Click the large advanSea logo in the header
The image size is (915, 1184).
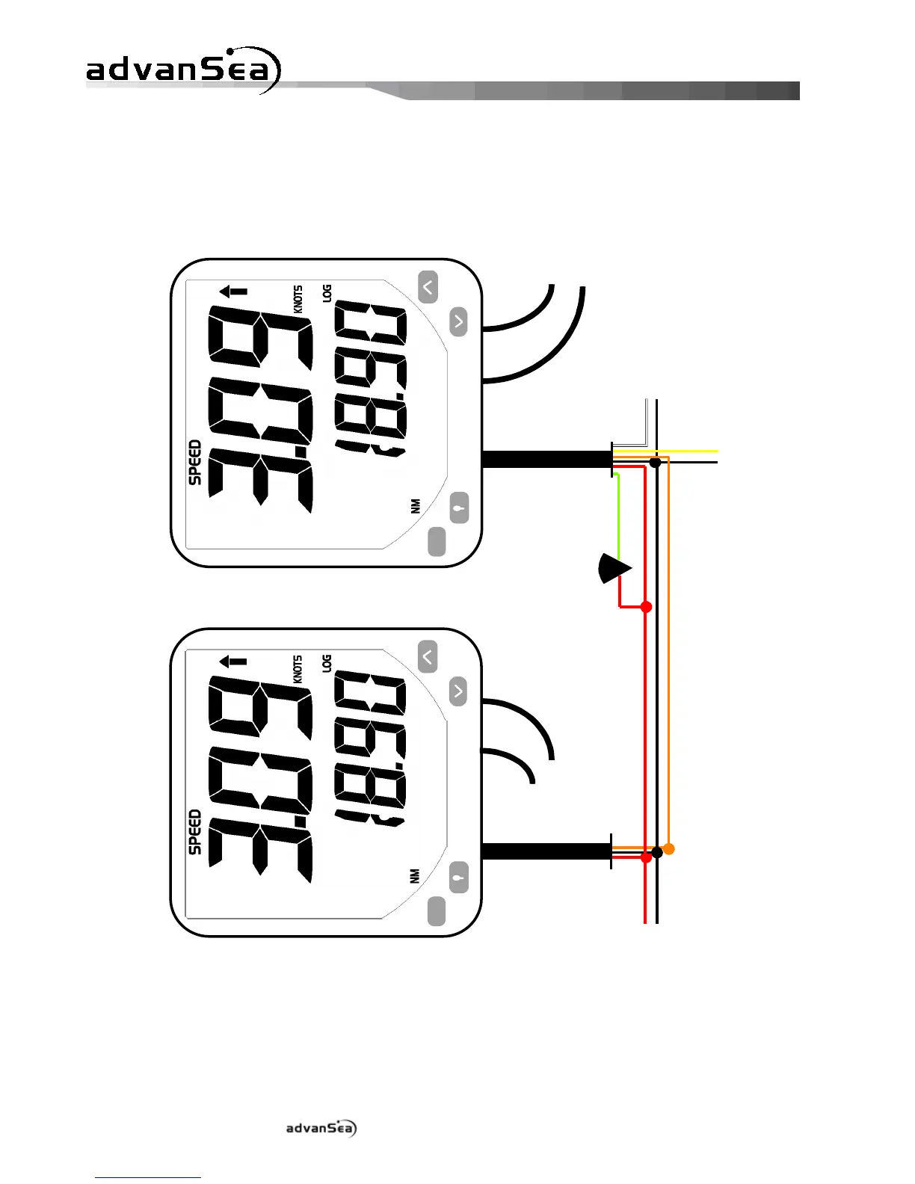pyautogui.click(x=183, y=70)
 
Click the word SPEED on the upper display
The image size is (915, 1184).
pyautogui.click(x=195, y=463)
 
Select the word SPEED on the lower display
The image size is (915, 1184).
pyautogui.click(x=195, y=832)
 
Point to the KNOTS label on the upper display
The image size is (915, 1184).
pyautogui.click(x=298, y=299)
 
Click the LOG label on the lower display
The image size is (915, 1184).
pyautogui.click(x=327, y=663)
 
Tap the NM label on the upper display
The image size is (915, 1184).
pyautogui.click(x=416, y=506)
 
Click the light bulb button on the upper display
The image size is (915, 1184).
pyautogui.click(x=459, y=508)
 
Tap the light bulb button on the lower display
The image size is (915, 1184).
pyautogui.click(x=459, y=878)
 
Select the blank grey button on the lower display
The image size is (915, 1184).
pyautogui.click(x=437, y=911)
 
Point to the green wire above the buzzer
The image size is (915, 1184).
pyautogui.click(x=618, y=516)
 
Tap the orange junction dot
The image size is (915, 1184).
pyautogui.click(x=669, y=849)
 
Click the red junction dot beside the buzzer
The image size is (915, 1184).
pyautogui.click(x=647, y=607)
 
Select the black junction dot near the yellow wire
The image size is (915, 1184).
pyautogui.click(x=655, y=463)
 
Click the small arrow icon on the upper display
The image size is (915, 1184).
pyautogui.click(x=233, y=292)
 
